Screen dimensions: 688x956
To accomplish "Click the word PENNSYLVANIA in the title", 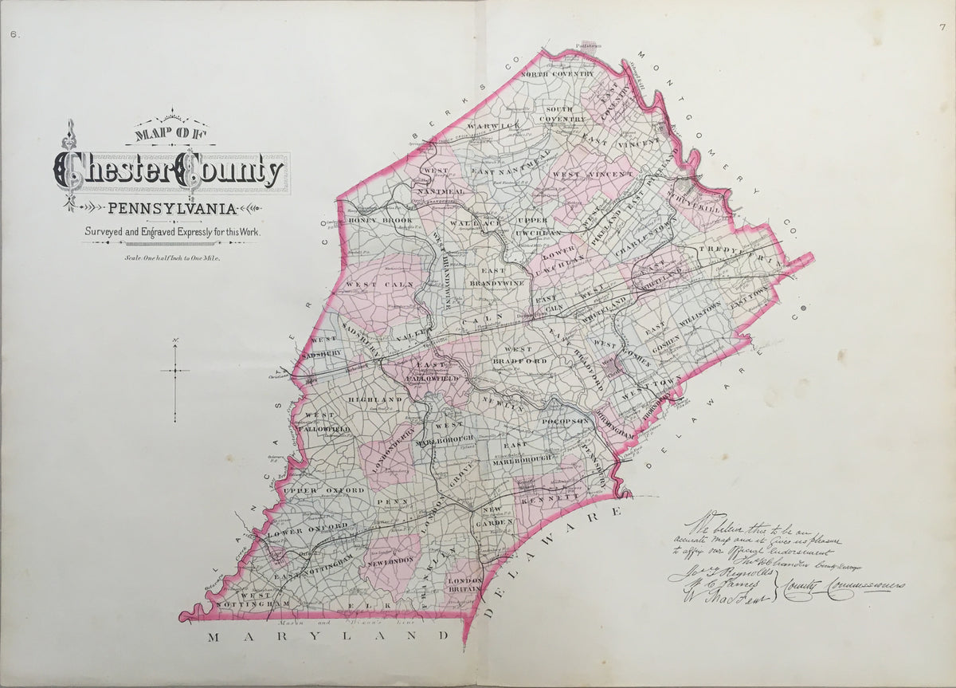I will pos(171,210).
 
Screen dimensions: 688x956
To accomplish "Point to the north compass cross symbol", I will pos(175,371).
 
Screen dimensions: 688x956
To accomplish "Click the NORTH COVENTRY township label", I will pos(558,74).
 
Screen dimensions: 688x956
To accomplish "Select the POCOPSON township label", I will pos(565,421).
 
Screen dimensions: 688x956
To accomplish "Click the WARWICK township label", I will pos(493,126).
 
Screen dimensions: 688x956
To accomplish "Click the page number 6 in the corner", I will pos(14,33).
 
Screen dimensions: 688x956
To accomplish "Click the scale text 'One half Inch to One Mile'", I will pos(172,258).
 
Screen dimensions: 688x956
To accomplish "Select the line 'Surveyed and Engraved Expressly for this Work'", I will pos(172,232).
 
